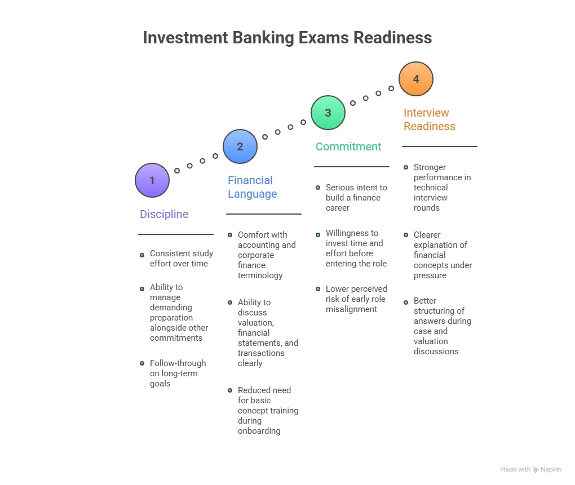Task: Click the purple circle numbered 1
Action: click(x=152, y=180)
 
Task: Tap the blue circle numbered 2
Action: click(x=240, y=146)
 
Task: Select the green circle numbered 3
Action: click(x=329, y=113)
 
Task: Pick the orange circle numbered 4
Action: click(x=416, y=79)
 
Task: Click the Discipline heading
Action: click(x=164, y=214)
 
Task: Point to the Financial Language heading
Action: click(x=252, y=187)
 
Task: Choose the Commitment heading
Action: click(x=348, y=146)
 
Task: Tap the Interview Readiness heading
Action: click(x=429, y=119)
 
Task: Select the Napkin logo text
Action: click(x=551, y=469)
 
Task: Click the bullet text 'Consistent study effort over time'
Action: click(x=181, y=259)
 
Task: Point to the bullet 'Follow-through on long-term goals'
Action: click(x=178, y=373)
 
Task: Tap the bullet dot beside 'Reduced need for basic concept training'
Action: click(x=230, y=390)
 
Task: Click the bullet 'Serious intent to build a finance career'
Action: click(x=356, y=198)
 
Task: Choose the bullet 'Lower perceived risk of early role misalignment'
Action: click(x=356, y=299)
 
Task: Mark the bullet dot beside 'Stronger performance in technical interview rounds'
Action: click(x=406, y=167)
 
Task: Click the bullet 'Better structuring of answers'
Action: click(x=442, y=326)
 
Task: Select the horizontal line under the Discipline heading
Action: click(x=176, y=234)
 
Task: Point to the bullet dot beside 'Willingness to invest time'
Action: click(x=318, y=234)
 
